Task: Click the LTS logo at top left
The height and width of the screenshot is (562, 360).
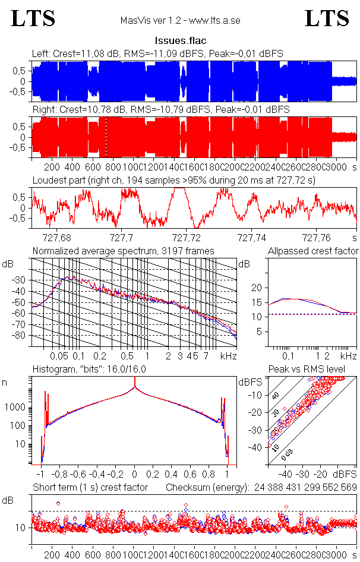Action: (x=33, y=18)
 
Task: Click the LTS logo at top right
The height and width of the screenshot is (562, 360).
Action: (x=327, y=18)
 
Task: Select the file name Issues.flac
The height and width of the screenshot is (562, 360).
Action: (x=179, y=41)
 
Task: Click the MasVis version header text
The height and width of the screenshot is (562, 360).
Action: (x=180, y=21)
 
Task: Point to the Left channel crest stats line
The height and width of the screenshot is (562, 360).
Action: (x=157, y=53)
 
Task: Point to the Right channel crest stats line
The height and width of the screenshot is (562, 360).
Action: (x=160, y=110)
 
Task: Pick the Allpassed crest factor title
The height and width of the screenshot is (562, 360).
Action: (x=313, y=251)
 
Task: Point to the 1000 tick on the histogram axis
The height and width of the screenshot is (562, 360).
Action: (x=15, y=408)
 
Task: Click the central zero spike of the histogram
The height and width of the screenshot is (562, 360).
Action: (x=135, y=389)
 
